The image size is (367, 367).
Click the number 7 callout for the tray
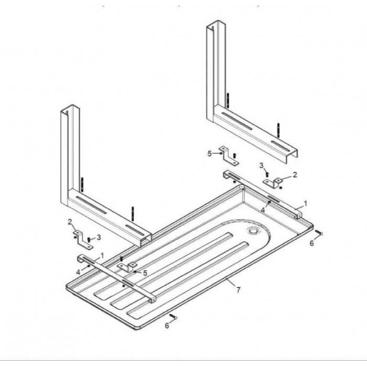238,290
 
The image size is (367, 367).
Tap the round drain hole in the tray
253,231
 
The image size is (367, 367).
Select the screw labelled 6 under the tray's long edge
173,317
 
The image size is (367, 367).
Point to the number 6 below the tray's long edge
167,326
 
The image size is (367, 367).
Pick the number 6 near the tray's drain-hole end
312,243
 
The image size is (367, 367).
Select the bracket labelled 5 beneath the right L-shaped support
229,156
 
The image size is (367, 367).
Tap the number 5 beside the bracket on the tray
145,273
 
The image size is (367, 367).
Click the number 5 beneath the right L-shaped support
210,154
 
